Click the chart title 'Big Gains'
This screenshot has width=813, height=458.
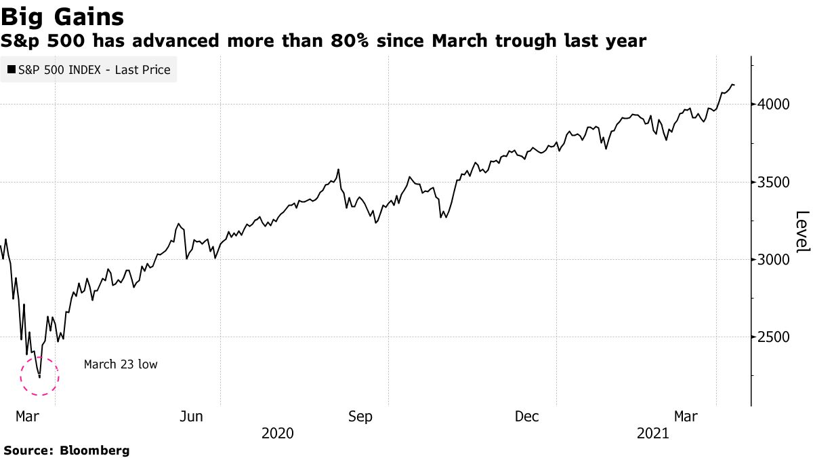(62, 16)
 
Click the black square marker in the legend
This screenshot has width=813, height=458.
(12, 69)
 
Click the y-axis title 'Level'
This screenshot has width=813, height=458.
(802, 231)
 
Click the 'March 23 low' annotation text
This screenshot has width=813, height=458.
(121, 364)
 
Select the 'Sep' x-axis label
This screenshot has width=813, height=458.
(360, 417)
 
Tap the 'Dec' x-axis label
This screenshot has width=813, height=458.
(527, 417)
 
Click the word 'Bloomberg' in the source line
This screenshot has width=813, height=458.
(95, 450)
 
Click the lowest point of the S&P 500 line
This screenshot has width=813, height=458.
(39, 377)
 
